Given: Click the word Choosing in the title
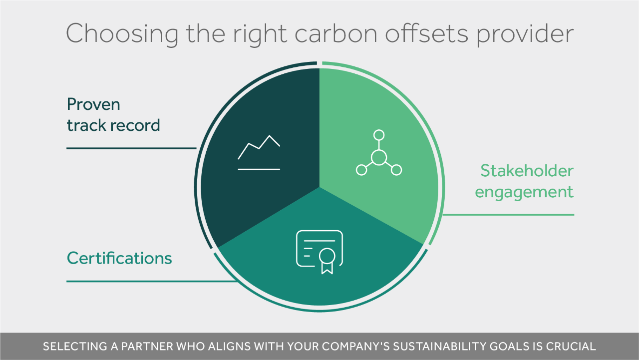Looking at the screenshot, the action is tap(122, 34).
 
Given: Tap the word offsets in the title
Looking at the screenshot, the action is tap(426, 33).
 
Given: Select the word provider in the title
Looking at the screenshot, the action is tap(525, 34).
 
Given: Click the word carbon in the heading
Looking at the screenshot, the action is tap(336, 33).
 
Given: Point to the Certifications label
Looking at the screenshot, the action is tap(119, 258).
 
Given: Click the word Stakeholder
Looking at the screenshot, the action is tap(527, 171).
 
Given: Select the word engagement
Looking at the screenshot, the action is tap(524, 192).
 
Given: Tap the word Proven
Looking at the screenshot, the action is tap(93, 104).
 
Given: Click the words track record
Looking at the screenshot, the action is tap(113, 125).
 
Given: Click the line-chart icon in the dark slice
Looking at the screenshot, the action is tap(259, 153).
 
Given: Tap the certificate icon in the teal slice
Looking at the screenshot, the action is tap(319, 252).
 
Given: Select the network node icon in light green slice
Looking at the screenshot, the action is tap(379, 153).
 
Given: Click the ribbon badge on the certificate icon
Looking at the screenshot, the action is tap(327, 261).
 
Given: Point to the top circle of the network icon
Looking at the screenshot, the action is tap(379, 135).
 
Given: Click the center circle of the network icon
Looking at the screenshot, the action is tap(379, 157).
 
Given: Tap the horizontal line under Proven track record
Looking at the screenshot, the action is tap(131, 148).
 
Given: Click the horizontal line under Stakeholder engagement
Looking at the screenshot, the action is tap(508, 215).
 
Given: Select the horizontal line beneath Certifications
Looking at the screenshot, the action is tap(152, 282).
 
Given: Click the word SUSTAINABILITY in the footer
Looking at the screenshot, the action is tap(440, 347).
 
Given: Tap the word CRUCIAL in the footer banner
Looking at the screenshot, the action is tap(571, 347).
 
